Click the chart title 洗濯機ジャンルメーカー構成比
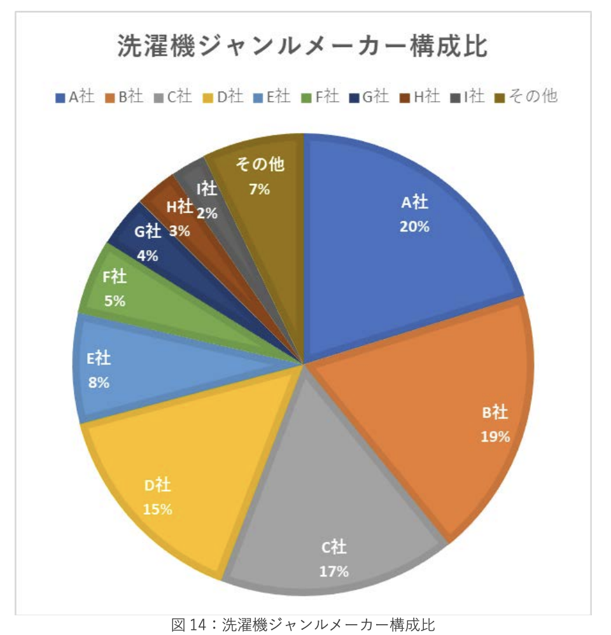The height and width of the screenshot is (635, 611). point(302,48)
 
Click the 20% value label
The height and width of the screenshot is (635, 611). point(414,227)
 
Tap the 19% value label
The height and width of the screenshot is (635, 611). point(495,436)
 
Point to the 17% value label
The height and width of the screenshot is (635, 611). point(334,571)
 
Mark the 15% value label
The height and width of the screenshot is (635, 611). point(157,509)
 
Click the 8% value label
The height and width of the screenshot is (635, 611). point(99,383)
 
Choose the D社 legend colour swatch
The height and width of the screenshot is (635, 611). point(207,97)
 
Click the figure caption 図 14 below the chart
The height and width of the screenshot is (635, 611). point(303,625)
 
